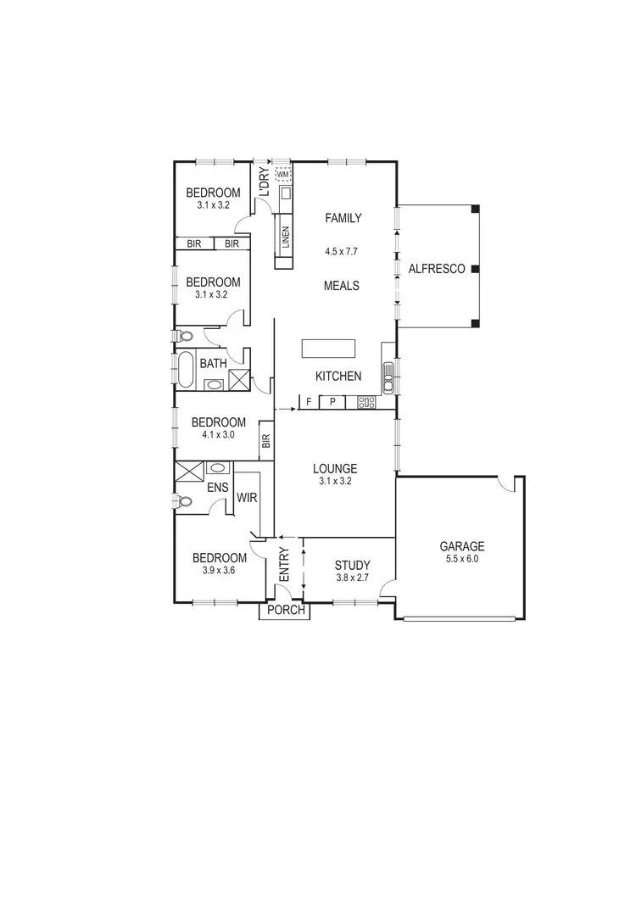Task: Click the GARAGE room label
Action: pyautogui.click(x=461, y=546)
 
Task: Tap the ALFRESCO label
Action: pyautogui.click(x=437, y=269)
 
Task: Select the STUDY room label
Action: pyautogui.click(x=352, y=565)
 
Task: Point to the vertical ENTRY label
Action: pyautogui.click(x=285, y=565)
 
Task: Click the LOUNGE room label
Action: pyautogui.click(x=335, y=468)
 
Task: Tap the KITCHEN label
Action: pyautogui.click(x=338, y=376)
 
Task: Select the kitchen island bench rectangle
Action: pyautogui.click(x=328, y=349)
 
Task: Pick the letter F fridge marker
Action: pyautogui.click(x=310, y=402)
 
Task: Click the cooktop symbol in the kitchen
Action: pyautogui.click(x=367, y=402)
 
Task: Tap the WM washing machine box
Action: pyautogui.click(x=283, y=175)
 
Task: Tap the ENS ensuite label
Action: pyautogui.click(x=216, y=488)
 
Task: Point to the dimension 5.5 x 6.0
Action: pyautogui.click(x=461, y=560)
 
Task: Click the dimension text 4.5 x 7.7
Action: pyautogui.click(x=343, y=252)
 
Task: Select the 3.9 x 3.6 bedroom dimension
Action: pyautogui.click(x=219, y=571)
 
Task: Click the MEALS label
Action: pyautogui.click(x=342, y=286)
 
